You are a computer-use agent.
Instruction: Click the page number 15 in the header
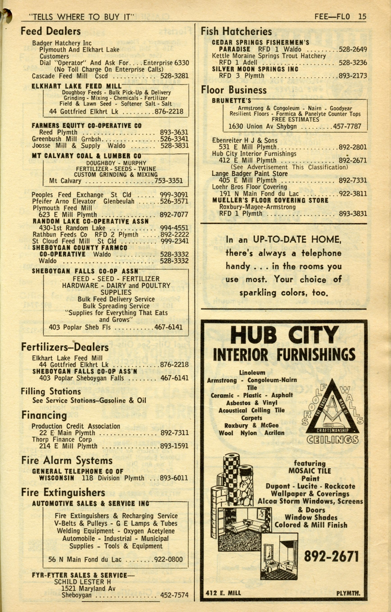[362, 16]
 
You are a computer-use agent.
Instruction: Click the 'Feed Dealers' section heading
[50, 31]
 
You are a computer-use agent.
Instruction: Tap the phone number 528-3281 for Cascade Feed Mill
[174, 76]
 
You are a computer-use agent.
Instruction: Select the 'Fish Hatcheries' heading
[236, 31]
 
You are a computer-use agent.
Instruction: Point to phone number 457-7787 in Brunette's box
[347, 126]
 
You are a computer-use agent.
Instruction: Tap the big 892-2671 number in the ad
[331, 556]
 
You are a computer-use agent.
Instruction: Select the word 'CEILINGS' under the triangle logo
[332, 440]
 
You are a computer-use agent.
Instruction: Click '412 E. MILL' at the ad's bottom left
[223, 593]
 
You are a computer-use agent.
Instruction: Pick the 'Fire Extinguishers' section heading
[63, 492]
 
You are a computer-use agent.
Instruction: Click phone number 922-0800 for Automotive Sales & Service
[168, 560]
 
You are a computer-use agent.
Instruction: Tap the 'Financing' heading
[44, 415]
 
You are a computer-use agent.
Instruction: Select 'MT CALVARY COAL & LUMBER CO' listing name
[86, 156]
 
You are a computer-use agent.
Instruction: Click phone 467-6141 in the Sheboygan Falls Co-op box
[168, 327]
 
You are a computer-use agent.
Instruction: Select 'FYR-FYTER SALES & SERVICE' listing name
[79, 575]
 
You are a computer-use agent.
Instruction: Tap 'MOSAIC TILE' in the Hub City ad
[310, 471]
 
